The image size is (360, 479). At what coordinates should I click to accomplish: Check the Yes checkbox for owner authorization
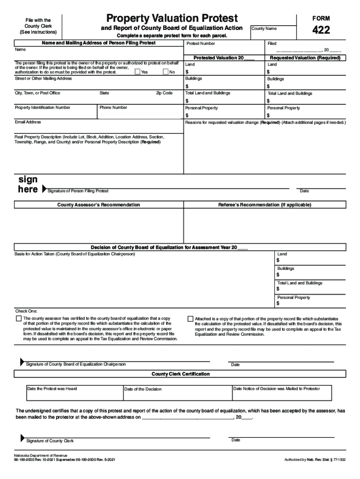click(137, 72)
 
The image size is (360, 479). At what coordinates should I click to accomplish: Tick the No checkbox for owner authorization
click(166, 72)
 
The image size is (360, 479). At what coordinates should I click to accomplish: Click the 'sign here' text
click(28, 185)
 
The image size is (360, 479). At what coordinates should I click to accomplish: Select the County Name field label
click(264, 29)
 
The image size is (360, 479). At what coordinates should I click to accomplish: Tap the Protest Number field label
click(201, 44)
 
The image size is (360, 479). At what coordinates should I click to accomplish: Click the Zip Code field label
click(164, 93)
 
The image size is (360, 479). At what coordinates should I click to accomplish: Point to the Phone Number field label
click(113, 108)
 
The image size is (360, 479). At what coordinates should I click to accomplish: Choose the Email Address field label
click(28, 122)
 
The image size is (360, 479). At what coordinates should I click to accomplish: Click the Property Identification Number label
click(43, 108)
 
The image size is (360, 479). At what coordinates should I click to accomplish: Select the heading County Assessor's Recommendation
click(98, 205)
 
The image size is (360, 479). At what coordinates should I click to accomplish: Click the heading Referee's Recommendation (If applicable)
click(265, 205)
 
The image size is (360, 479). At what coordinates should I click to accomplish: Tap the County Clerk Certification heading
click(180, 374)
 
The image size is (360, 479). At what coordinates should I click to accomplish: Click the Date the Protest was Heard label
click(52, 389)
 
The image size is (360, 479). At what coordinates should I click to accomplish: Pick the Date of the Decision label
click(143, 389)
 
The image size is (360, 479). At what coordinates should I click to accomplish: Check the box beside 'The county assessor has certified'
click(19, 319)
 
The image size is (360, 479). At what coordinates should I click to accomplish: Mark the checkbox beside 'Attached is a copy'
click(190, 319)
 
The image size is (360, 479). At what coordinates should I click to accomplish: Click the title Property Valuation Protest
click(172, 18)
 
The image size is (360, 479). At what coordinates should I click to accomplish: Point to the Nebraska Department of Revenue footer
click(41, 455)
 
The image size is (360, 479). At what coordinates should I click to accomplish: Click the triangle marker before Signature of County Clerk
click(22, 438)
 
